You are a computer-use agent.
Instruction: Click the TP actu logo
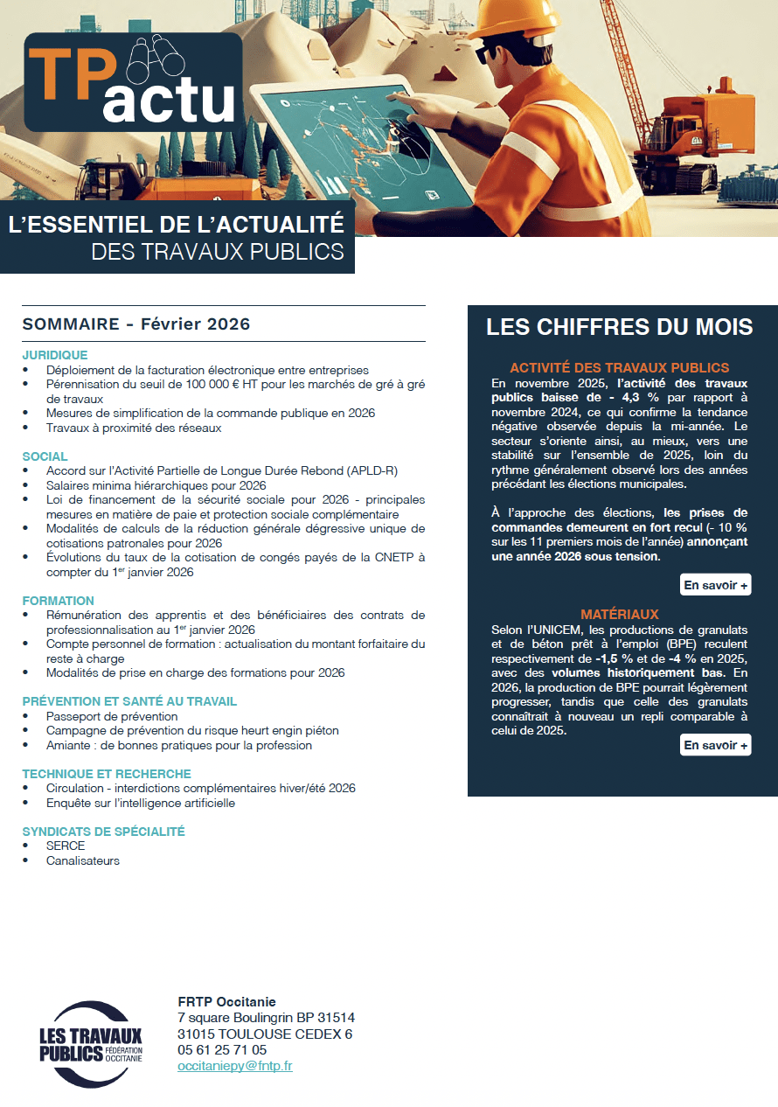pos(133,82)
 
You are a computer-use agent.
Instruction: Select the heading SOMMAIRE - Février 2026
pos(136,324)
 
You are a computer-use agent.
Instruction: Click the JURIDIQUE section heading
pos(55,355)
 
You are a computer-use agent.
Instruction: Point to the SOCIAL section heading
pos(45,456)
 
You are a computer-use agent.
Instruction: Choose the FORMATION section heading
pos(58,601)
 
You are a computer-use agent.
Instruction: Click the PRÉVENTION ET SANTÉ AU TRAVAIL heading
pos(129,701)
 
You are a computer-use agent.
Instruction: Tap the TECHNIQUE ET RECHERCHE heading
pos(107,774)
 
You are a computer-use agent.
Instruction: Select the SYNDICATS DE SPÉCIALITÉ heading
pos(103,832)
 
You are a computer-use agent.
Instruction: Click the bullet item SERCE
pos(66,846)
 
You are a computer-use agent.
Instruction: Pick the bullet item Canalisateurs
pos(83,860)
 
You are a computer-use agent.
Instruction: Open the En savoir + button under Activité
pos(715,585)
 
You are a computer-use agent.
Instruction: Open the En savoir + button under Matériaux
pos(715,745)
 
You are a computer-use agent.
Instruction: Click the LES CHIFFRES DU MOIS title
pos(619,327)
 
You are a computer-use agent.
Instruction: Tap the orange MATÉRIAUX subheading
pos(619,615)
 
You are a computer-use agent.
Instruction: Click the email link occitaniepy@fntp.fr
pos(234,1066)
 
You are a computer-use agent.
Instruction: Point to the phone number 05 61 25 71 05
pos(222,1050)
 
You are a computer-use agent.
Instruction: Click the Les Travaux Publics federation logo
pos(91,1043)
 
